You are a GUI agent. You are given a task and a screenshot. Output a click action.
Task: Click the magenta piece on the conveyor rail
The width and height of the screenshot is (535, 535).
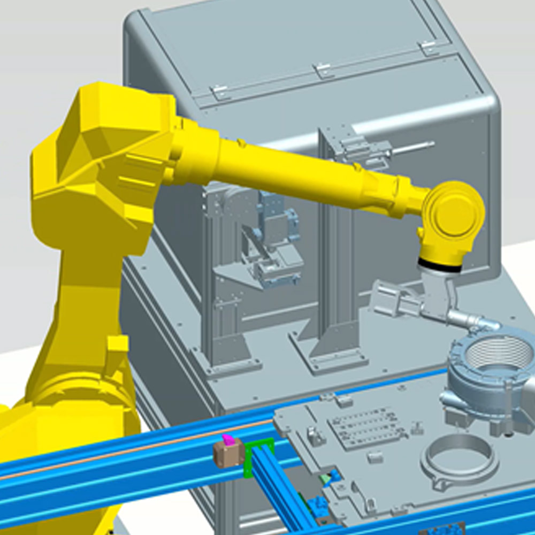tap(228, 440)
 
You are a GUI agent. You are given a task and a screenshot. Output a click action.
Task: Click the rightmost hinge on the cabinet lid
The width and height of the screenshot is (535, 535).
tap(429, 48)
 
